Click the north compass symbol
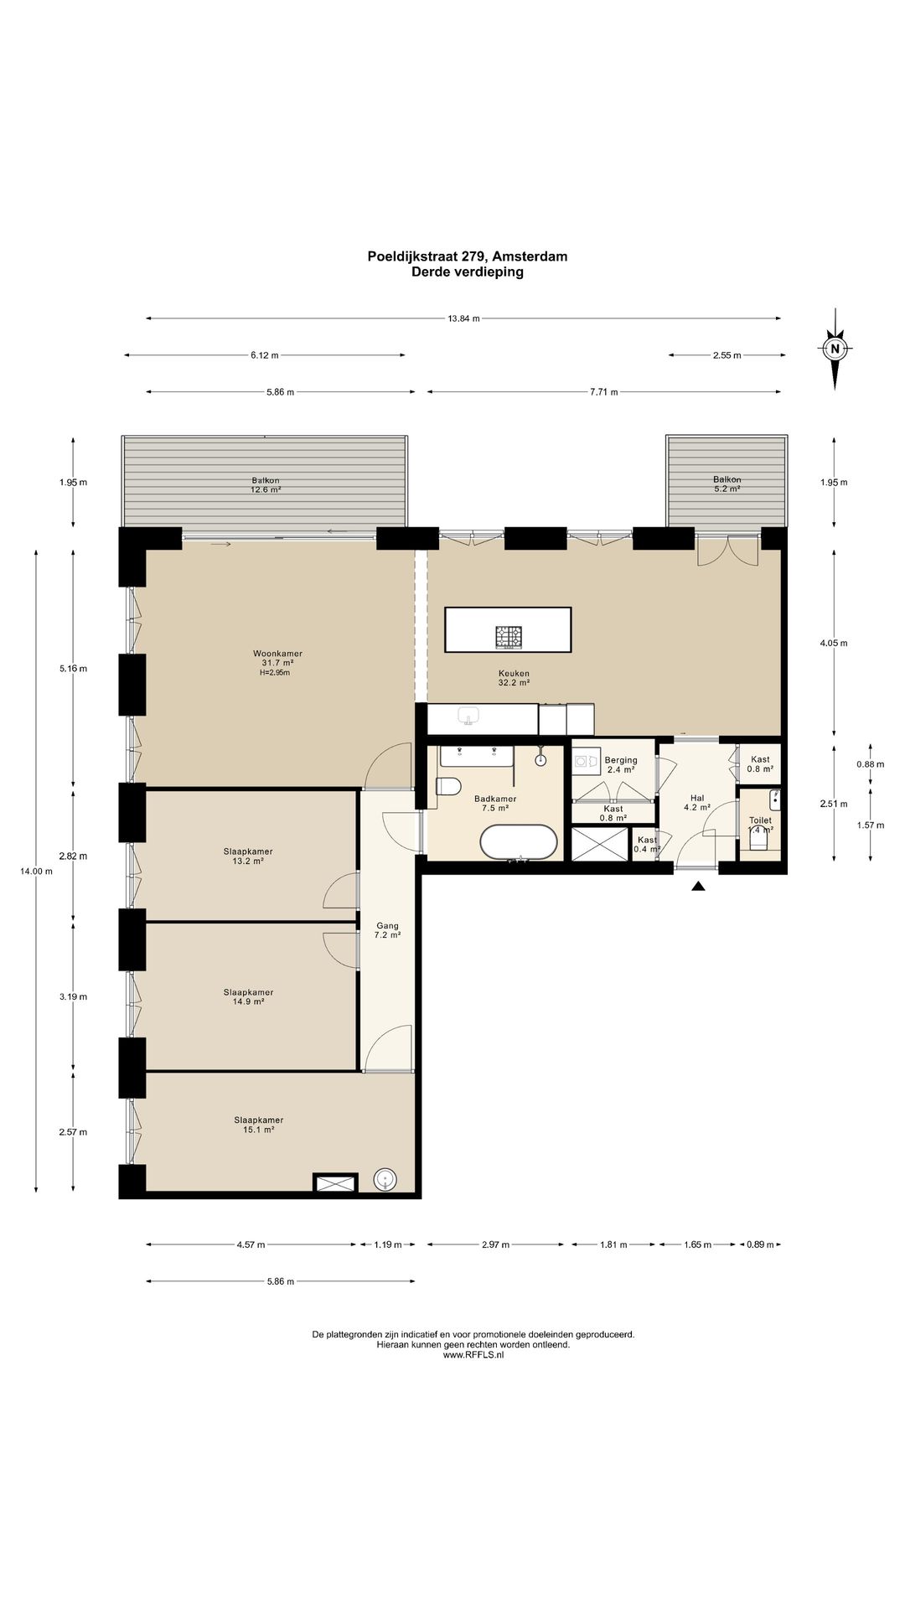[x=835, y=349]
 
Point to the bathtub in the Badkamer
[x=519, y=842]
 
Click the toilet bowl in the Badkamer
[x=448, y=787]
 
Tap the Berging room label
[x=621, y=760]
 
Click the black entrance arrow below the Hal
[x=698, y=885]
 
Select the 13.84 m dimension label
[x=463, y=318]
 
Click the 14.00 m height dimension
[x=36, y=871]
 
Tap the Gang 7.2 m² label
[x=387, y=930]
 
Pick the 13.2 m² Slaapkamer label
[x=247, y=856]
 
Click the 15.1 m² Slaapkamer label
[x=258, y=1125]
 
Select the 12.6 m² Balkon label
[x=265, y=485]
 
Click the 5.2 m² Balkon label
[x=727, y=484]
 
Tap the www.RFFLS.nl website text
[x=473, y=1355]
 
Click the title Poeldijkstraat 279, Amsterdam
[x=468, y=256]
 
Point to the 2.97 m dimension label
[x=496, y=1244]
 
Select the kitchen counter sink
[x=468, y=716]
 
